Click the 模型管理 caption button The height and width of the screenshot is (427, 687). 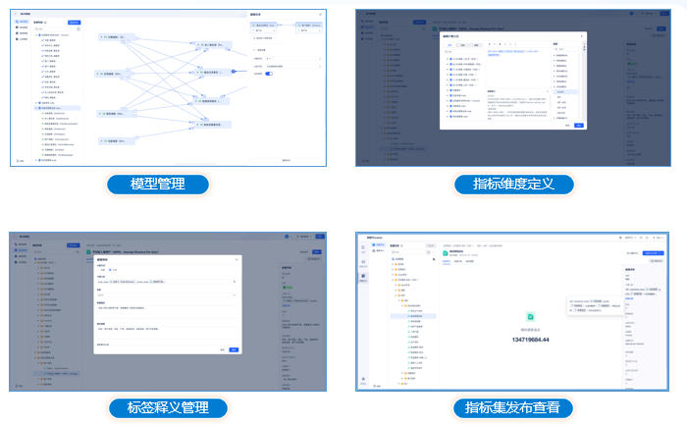157,185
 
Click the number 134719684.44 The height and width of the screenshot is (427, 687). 530,340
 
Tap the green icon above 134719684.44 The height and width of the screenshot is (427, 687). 530,317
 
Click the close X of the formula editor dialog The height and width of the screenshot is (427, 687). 582,36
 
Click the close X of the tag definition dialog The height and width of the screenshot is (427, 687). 236,260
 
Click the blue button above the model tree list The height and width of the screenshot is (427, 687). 75,22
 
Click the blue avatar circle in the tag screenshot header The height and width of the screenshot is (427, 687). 288,238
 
